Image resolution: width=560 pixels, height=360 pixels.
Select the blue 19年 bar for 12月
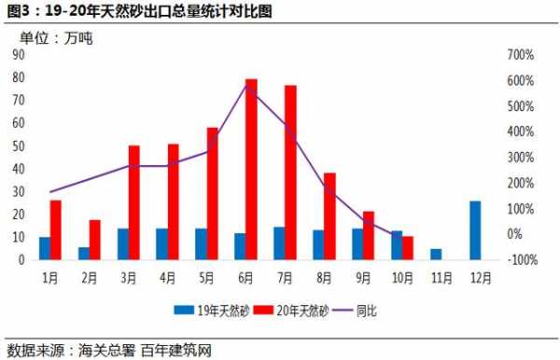(x=475, y=230)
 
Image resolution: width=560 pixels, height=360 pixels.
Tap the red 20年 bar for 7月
(x=290, y=173)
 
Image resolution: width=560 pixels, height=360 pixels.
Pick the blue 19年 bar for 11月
(x=436, y=254)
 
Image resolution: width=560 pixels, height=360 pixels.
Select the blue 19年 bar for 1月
(x=45, y=248)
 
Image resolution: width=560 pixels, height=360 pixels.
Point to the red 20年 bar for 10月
(x=408, y=248)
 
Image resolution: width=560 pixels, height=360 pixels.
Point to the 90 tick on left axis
(x=18, y=55)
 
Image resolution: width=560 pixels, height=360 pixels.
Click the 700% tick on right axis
(x=520, y=55)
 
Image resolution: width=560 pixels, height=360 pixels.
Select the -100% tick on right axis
(x=521, y=259)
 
